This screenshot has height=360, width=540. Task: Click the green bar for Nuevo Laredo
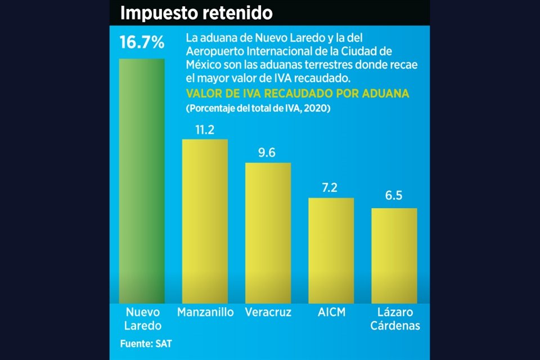(x=142, y=180)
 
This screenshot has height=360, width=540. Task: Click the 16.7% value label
(x=142, y=42)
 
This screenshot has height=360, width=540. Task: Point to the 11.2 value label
(x=205, y=130)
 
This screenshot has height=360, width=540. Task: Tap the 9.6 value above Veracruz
(x=268, y=153)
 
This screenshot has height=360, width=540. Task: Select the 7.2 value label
(x=331, y=188)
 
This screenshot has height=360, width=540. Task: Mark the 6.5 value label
(x=394, y=199)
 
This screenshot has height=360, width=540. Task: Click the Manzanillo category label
(x=205, y=312)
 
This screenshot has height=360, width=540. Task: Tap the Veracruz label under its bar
(x=268, y=312)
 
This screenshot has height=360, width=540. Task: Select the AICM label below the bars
(x=331, y=312)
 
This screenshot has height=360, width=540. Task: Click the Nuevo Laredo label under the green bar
(x=143, y=318)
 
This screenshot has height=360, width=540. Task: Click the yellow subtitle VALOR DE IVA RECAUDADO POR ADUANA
(x=298, y=93)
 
